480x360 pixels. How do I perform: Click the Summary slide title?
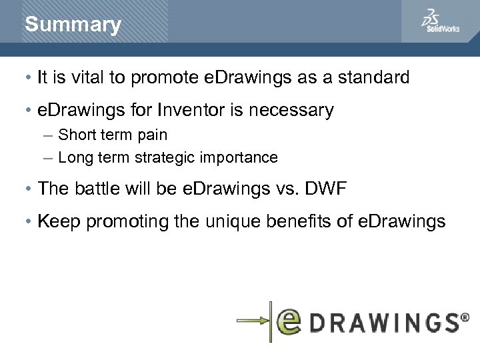point(73,25)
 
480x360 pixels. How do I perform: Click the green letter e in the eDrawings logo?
point(292,321)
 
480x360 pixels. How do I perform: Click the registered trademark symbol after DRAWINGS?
point(464,318)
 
